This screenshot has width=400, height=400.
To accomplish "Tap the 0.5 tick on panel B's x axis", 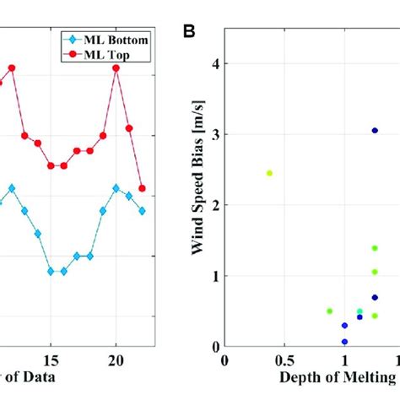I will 284,360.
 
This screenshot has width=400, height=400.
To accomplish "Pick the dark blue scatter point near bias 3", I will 375,130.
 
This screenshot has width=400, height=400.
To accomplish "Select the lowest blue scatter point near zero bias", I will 344,342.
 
